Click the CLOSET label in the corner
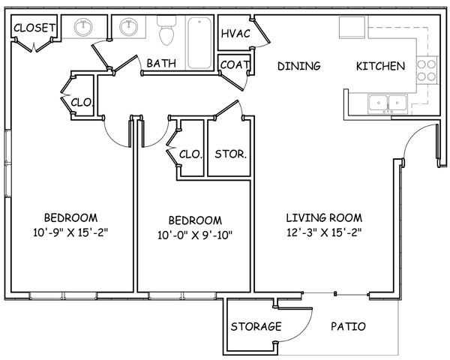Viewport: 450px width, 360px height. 34,28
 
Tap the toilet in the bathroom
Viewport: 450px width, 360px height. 166,32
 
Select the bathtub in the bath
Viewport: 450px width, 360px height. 200,41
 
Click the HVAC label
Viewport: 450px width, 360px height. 235,34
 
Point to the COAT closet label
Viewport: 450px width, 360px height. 235,65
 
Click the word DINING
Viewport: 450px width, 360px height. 298,66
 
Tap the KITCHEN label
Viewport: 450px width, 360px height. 379,66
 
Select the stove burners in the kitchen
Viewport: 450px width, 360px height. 426,70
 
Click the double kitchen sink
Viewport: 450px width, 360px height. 387,101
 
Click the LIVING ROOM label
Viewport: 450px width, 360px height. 324,217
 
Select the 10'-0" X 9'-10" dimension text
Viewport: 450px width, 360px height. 195,235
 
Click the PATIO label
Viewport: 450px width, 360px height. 348,327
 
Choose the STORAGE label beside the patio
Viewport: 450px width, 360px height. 256,327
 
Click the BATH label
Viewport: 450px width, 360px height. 161,64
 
